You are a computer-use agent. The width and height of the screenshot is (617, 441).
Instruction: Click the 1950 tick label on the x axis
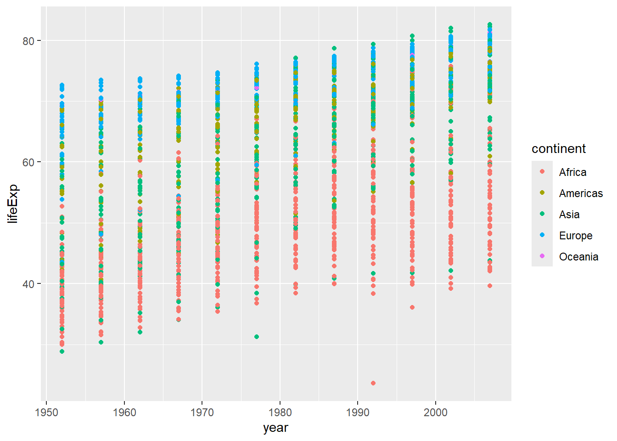point(46,412)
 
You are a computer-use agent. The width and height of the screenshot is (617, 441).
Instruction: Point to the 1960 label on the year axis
point(124,412)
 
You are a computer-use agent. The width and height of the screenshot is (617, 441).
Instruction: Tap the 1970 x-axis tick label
point(202,412)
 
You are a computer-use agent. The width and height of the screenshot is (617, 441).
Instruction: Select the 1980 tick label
point(280,412)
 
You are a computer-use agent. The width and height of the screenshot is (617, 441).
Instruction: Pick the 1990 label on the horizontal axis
point(358,412)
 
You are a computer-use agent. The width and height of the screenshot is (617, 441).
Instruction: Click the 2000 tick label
point(436,412)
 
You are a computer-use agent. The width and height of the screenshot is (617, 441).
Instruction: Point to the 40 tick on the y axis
point(28,284)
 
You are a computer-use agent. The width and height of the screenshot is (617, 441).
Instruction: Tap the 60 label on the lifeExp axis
point(28,162)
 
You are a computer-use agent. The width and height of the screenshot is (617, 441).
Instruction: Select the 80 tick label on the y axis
point(28,41)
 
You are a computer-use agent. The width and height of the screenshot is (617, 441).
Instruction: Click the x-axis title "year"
point(275,428)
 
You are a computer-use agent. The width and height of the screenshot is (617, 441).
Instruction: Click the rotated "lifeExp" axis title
point(13,204)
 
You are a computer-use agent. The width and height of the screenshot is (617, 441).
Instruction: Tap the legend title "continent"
point(558,149)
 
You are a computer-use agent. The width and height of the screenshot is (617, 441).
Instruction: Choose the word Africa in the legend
point(572,172)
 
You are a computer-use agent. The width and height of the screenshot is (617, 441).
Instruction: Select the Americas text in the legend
point(581,193)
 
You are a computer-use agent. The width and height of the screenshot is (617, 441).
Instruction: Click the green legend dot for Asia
point(542,214)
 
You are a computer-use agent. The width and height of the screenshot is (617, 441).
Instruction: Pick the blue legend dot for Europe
point(542,235)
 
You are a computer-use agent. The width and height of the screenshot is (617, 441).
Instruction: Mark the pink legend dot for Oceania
point(542,256)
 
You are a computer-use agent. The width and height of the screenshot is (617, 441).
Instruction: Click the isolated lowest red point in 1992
point(373,383)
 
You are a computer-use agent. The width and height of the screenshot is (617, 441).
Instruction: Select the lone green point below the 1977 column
point(257,337)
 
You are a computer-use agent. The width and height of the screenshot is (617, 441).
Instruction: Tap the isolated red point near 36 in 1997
point(412,307)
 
